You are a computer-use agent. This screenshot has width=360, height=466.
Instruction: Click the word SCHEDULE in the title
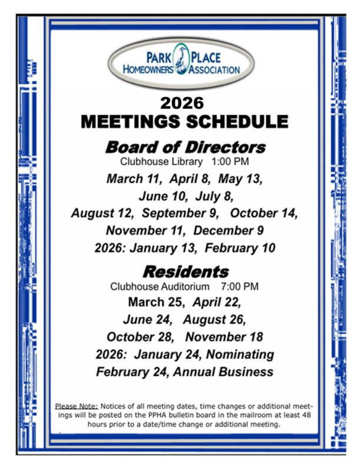pyautogui.click(x=239, y=122)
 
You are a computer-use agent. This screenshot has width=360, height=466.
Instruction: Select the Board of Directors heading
pyautogui.click(x=185, y=147)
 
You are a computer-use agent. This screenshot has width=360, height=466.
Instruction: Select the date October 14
pyautogui.click(x=263, y=213)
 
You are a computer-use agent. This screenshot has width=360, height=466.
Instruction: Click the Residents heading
pyautogui.click(x=185, y=272)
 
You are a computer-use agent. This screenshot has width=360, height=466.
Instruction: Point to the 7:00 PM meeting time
pyautogui.click(x=239, y=287)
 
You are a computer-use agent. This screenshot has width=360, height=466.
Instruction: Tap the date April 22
pyautogui.click(x=218, y=303)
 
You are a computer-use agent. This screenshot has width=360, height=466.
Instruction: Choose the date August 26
pyautogui.click(x=214, y=320)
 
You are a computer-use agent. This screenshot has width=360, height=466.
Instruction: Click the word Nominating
pyautogui.click(x=240, y=355)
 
